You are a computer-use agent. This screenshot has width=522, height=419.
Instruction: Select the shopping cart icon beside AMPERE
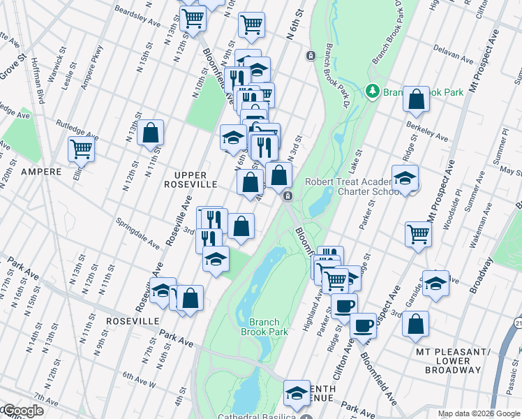[x=82, y=149]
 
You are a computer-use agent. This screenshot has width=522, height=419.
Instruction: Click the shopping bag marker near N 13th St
[x=150, y=132]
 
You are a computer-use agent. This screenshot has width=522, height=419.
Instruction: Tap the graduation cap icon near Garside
[x=435, y=284]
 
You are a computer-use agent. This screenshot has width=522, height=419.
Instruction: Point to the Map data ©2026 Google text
[x=479, y=413]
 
